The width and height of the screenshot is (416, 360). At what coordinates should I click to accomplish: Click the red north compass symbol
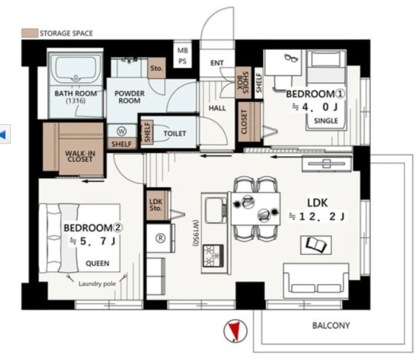point(235,331)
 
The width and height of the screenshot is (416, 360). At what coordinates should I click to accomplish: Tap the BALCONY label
point(331,326)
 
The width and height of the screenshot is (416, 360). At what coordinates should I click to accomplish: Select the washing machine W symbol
point(122,131)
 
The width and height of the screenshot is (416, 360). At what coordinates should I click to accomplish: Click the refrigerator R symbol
point(160,238)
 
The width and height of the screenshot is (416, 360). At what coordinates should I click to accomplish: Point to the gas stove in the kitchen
point(213,255)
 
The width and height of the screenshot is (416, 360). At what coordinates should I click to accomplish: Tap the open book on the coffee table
point(316,245)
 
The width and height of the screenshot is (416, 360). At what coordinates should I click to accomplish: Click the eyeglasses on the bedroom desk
point(291,58)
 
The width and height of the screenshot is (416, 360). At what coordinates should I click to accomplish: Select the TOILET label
point(175,133)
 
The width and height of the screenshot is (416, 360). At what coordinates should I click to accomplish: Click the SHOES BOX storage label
point(243,83)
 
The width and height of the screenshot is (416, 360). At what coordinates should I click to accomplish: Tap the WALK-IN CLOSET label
point(80,156)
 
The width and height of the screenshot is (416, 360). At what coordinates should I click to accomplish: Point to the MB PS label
point(183,56)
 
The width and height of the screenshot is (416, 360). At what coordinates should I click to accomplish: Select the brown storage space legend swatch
point(30,33)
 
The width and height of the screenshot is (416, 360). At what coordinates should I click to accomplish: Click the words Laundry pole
point(97,284)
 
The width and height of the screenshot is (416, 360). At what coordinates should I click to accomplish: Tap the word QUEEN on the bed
point(97,263)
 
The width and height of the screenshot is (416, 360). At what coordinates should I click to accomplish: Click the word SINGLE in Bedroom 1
point(326,121)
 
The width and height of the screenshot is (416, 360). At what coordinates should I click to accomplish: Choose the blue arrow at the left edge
point(3,135)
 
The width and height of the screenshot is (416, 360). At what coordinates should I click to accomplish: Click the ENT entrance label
point(217,63)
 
